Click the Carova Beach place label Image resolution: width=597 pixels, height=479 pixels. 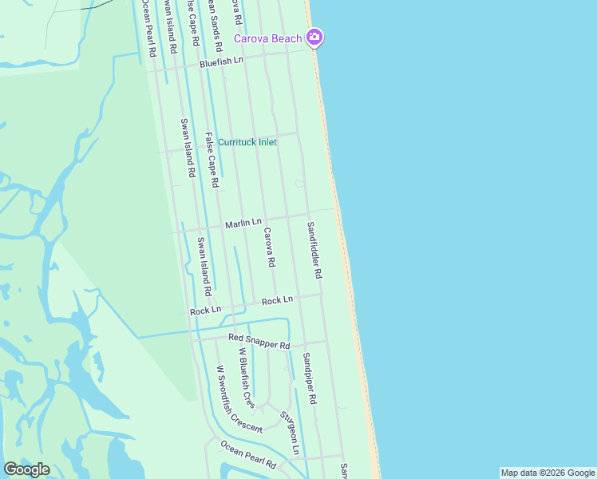[x=267, y=38]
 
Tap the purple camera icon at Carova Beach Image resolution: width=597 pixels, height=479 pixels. [x=314, y=37]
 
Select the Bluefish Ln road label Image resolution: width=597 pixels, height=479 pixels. [x=221, y=61]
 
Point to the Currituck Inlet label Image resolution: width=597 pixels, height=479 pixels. [x=247, y=142]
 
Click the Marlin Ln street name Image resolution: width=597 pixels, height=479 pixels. [x=243, y=223]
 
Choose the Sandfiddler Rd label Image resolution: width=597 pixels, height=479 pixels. [x=314, y=250]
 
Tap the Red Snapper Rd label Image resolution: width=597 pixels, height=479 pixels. [x=259, y=341]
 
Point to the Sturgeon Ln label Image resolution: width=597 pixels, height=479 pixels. [x=289, y=432]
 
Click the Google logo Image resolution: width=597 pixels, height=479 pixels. [x=26, y=469]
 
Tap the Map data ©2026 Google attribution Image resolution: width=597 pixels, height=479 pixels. [x=548, y=473]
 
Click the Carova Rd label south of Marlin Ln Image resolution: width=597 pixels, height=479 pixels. [x=269, y=247]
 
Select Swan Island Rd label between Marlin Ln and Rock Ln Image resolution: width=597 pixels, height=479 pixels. [x=204, y=263]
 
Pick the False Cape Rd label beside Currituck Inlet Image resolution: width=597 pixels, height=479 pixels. [x=212, y=160]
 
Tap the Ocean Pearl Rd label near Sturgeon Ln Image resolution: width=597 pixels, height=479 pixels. [x=248, y=454]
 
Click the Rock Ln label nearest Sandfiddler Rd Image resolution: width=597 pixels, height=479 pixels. [x=277, y=299]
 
